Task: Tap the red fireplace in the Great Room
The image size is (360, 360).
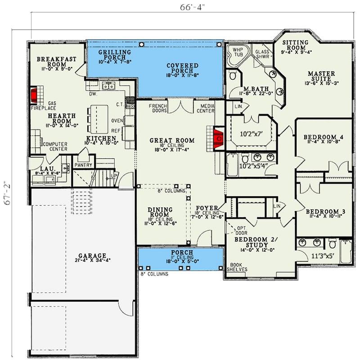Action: (219, 139)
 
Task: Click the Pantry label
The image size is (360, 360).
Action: (84, 165)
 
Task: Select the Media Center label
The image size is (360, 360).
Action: (205, 108)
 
